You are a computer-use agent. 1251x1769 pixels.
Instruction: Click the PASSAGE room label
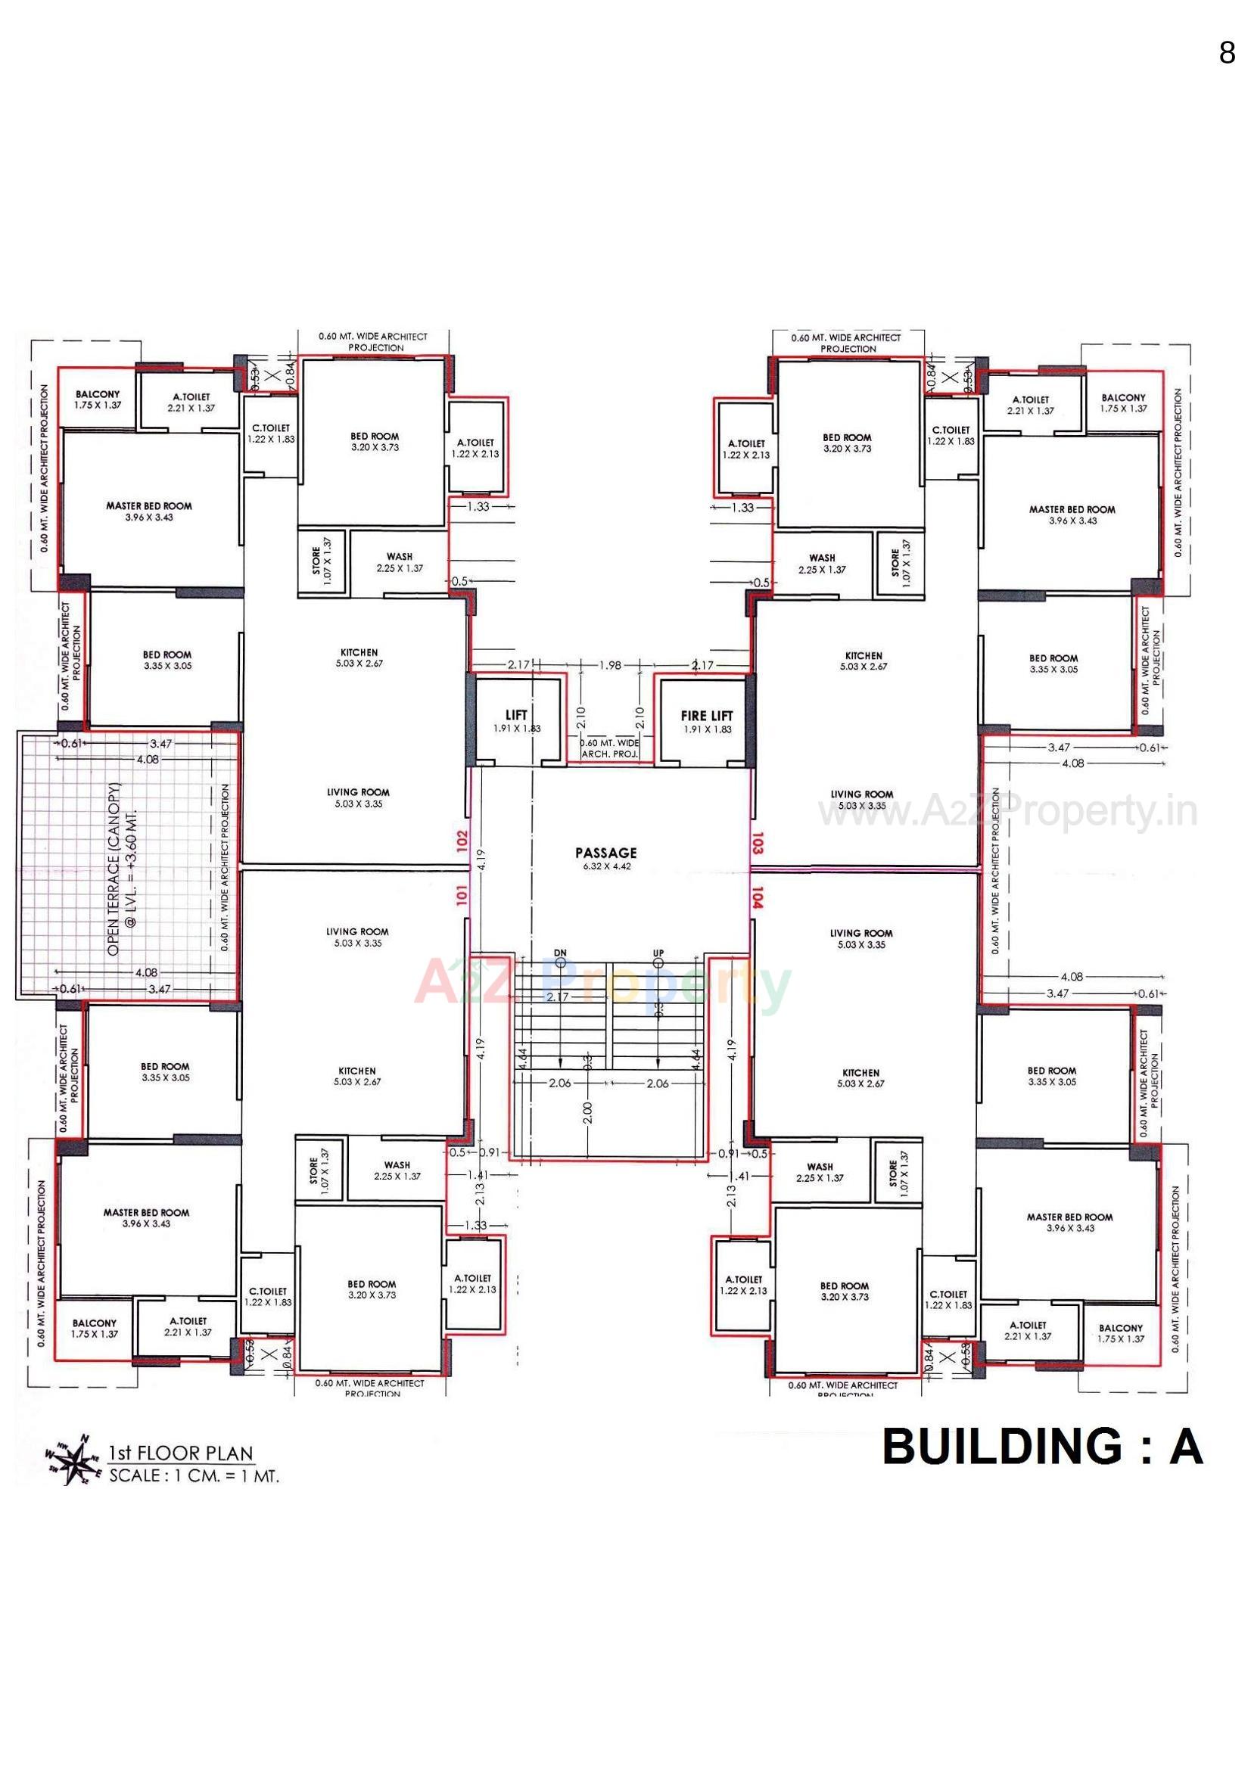[x=606, y=853]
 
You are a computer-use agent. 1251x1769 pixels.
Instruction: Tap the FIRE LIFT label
[x=707, y=715]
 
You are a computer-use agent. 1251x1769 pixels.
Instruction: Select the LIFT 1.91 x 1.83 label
[x=516, y=720]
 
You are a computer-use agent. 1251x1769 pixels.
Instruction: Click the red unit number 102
[x=462, y=839]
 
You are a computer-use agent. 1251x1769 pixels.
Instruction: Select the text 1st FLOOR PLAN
[x=181, y=1453]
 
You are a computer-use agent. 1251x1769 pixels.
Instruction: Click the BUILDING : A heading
[x=1042, y=1446]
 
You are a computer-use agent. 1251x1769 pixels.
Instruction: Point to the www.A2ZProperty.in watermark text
[x=1007, y=811]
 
